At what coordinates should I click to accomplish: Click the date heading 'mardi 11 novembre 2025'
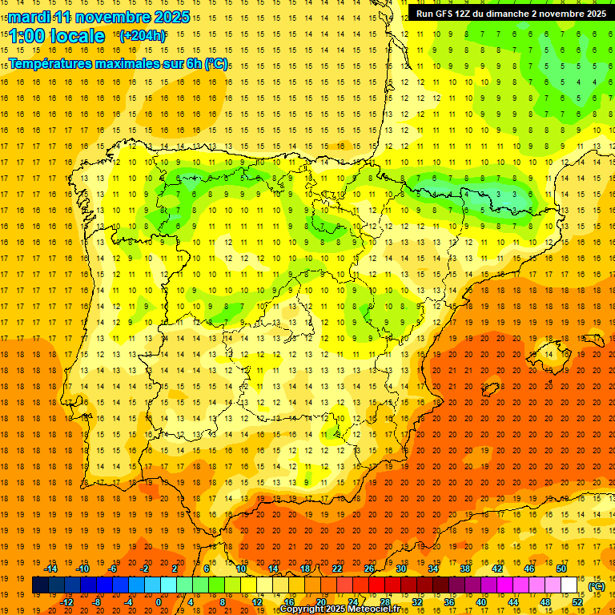(x=99, y=17)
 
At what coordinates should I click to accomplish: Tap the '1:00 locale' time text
(x=57, y=36)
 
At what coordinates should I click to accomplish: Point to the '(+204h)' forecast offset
(x=142, y=35)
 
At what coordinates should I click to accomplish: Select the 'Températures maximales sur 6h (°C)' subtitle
(x=118, y=63)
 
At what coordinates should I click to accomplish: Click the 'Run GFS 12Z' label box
(x=510, y=14)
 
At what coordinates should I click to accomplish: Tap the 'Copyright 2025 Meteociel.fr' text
(x=340, y=609)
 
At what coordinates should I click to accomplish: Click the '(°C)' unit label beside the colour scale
(x=597, y=586)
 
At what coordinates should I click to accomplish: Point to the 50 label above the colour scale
(x=561, y=569)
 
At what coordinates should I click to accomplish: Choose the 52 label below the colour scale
(x=577, y=602)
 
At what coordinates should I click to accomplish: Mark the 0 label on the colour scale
(x=159, y=602)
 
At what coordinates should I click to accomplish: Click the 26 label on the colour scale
(x=369, y=569)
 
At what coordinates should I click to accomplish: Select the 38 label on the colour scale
(x=465, y=569)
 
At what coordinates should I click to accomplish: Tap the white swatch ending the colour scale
(x=569, y=585)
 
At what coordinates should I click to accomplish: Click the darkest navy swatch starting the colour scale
(x=40, y=585)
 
